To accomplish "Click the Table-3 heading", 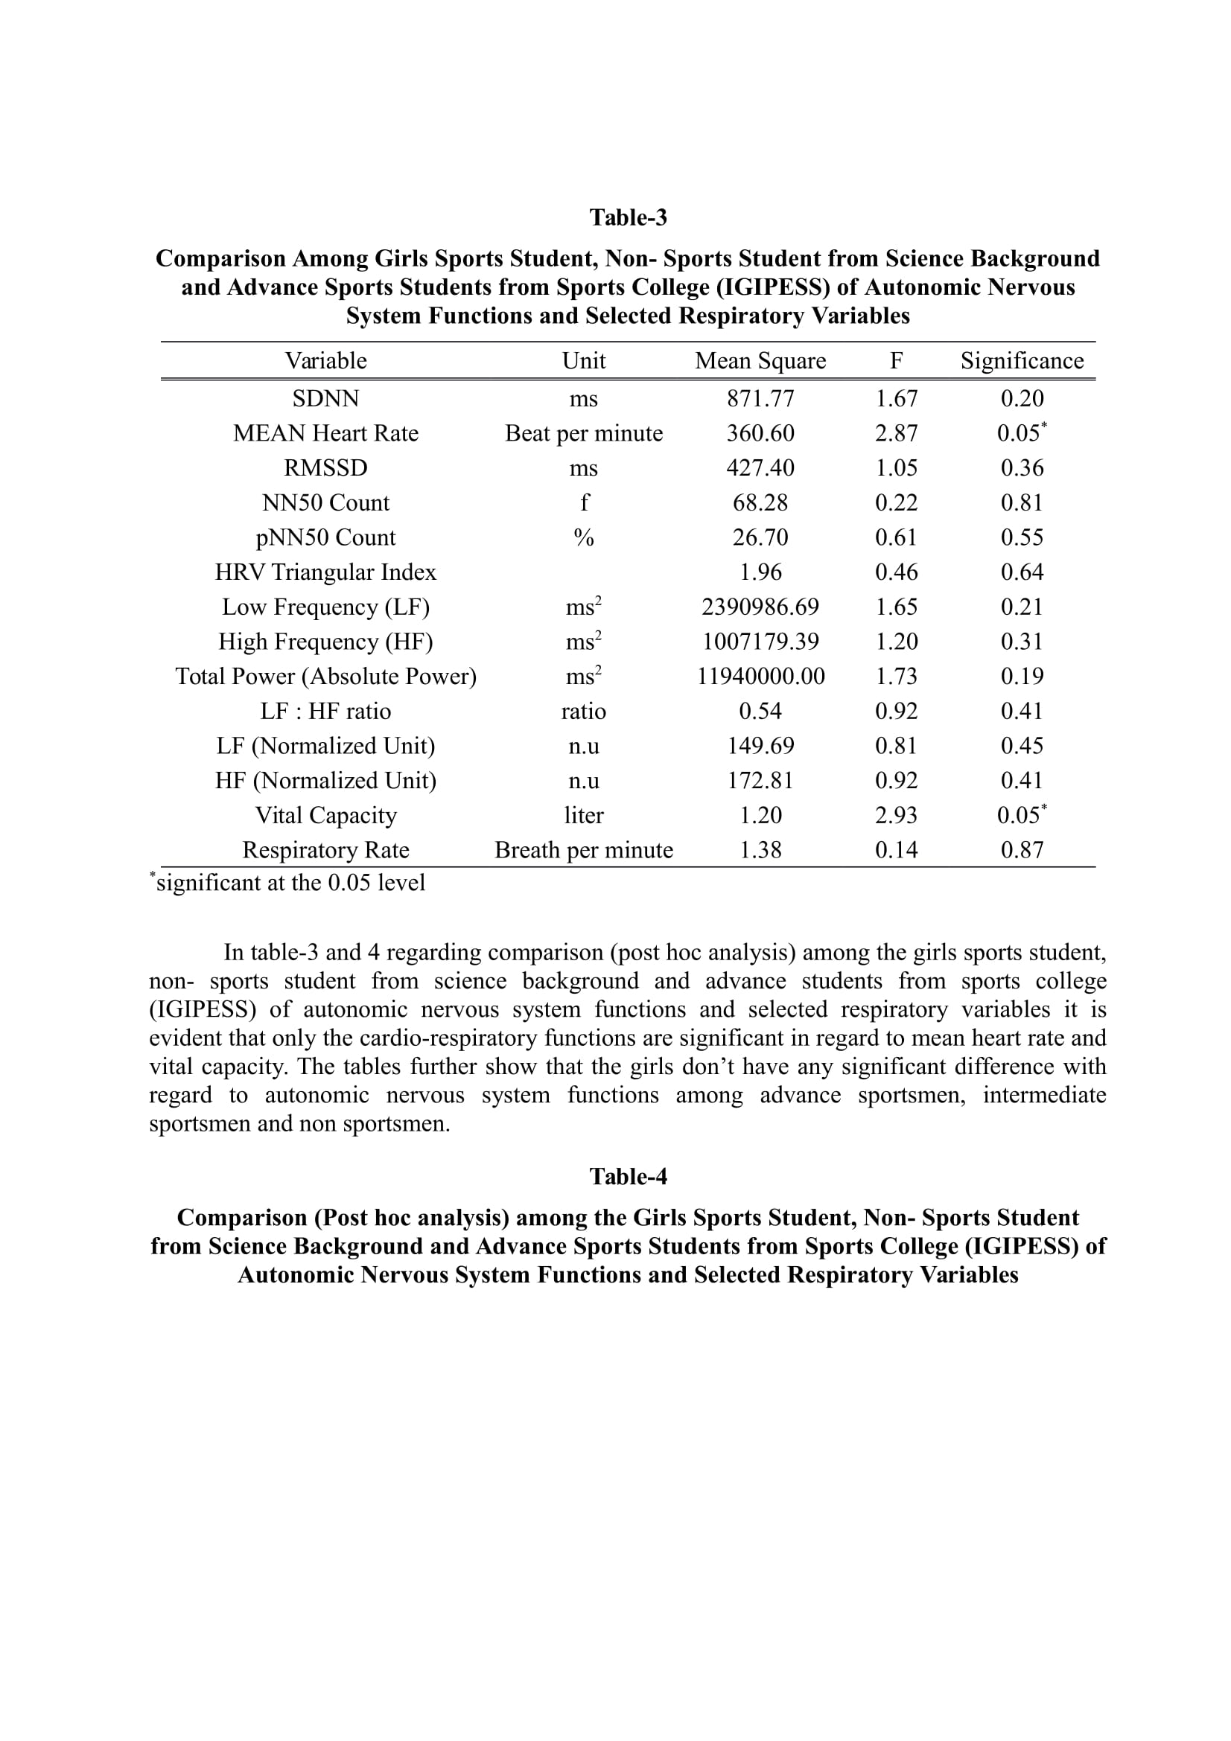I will [x=628, y=217].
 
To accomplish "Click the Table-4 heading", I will [x=628, y=1176].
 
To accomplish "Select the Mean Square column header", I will [x=760, y=361].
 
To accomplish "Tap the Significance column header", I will [x=1022, y=361].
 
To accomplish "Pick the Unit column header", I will [x=583, y=361].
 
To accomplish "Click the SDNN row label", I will [x=325, y=399].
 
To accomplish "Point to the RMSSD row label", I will [x=325, y=468].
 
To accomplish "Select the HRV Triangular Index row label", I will [x=325, y=572].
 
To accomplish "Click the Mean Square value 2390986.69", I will [x=760, y=607].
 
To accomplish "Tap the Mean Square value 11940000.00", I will [x=760, y=677].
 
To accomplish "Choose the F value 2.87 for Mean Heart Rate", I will [x=896, y=434].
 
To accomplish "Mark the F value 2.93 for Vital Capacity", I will [x=896, y=816].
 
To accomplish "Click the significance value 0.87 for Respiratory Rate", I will [x=1022, y=850].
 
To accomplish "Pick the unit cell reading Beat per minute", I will [x=583, y=434].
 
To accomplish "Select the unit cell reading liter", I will [x=583, y=816].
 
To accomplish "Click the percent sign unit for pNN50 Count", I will [x=583, y=537].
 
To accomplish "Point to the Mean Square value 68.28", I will [x=760, y=502].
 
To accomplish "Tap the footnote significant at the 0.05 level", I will [x=289, y=883].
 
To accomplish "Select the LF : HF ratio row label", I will [x=325, y=712].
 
